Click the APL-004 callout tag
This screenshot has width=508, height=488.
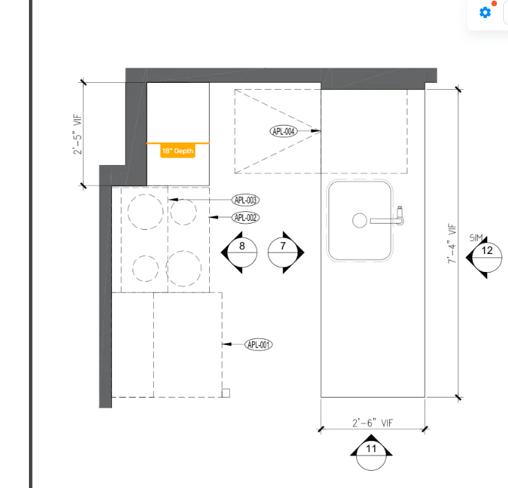284,131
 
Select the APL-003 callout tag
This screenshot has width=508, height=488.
246,200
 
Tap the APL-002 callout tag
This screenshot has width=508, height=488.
246,217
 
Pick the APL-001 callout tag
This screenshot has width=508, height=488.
259,344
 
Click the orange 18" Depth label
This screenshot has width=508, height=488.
177,151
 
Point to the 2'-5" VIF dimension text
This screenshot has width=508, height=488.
77,134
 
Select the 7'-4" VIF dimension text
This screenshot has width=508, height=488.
451,244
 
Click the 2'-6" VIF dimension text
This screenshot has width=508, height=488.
373,423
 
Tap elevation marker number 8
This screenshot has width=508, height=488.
242,253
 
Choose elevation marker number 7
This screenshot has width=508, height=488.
283,253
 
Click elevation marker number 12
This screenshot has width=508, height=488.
487,257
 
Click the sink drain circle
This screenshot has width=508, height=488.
360,220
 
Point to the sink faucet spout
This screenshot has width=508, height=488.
387,221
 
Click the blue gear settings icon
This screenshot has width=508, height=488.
485,12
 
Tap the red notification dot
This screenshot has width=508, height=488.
494,3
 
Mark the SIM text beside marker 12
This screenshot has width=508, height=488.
476,238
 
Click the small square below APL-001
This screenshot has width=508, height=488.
226,393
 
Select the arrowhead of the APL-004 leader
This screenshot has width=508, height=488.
316,131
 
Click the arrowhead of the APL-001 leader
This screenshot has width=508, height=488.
227,344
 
